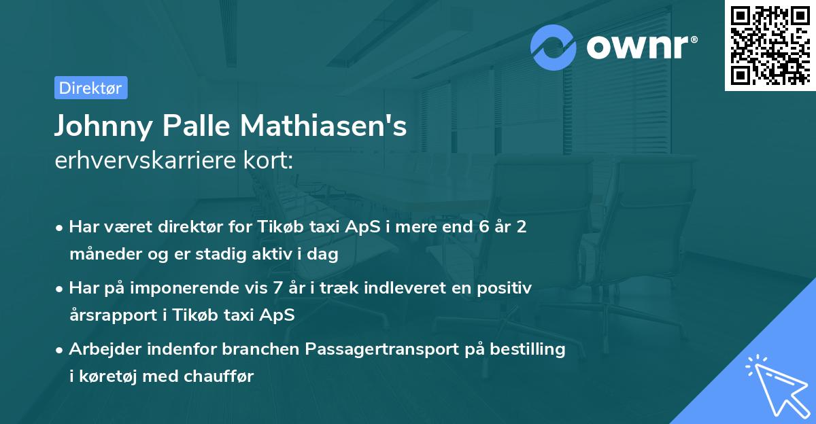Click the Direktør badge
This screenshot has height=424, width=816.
90,88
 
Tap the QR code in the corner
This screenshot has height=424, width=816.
769,45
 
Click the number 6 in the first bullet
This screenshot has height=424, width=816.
483,227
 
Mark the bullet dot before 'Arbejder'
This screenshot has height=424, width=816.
60,350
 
